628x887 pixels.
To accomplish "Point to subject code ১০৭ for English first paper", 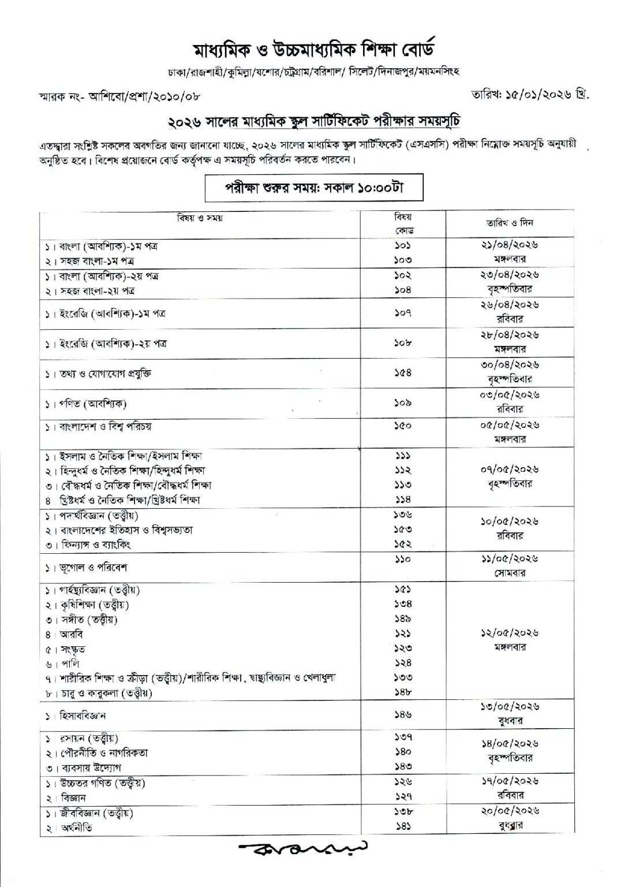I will (403, 314).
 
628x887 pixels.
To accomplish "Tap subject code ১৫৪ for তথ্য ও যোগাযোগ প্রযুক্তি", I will (403, 373).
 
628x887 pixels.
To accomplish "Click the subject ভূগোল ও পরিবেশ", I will (89, 567).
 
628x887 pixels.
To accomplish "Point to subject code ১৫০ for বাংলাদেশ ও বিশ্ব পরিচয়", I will (403, 426).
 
